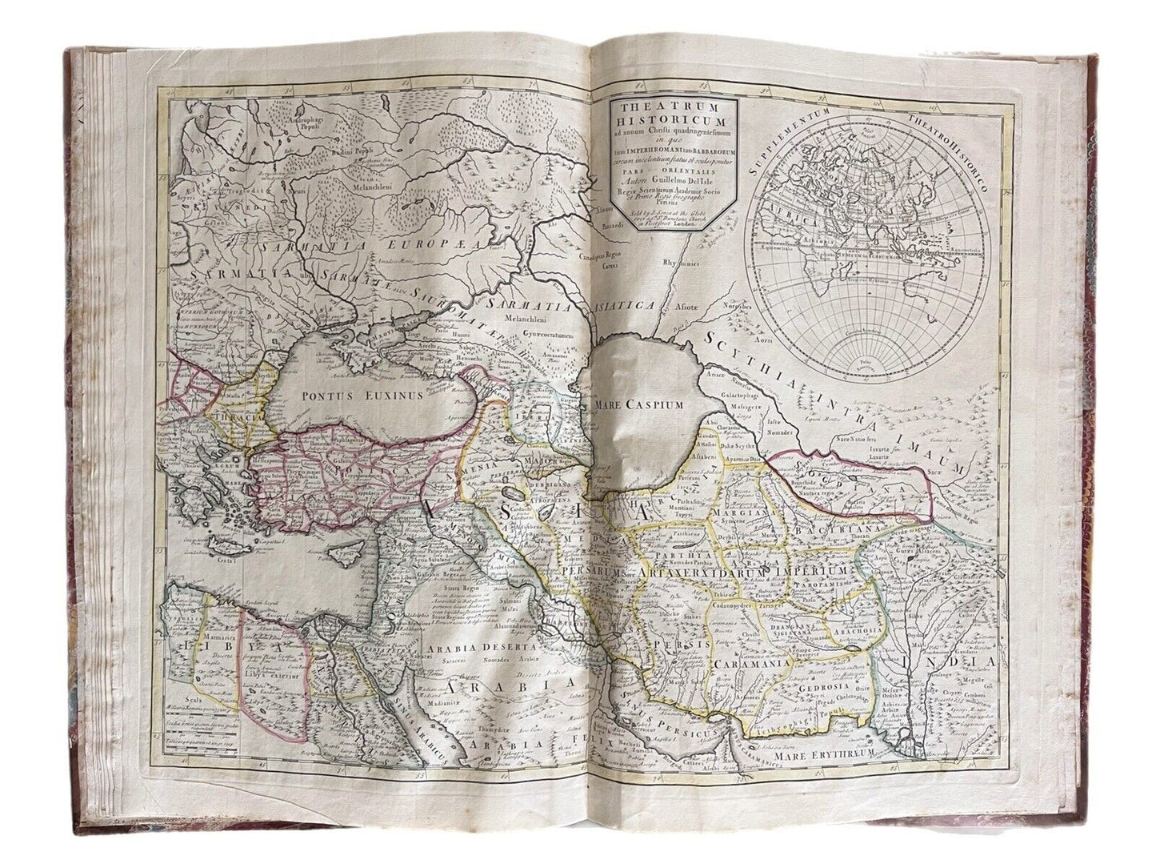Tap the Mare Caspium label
point(639,404)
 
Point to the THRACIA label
point(230,417)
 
